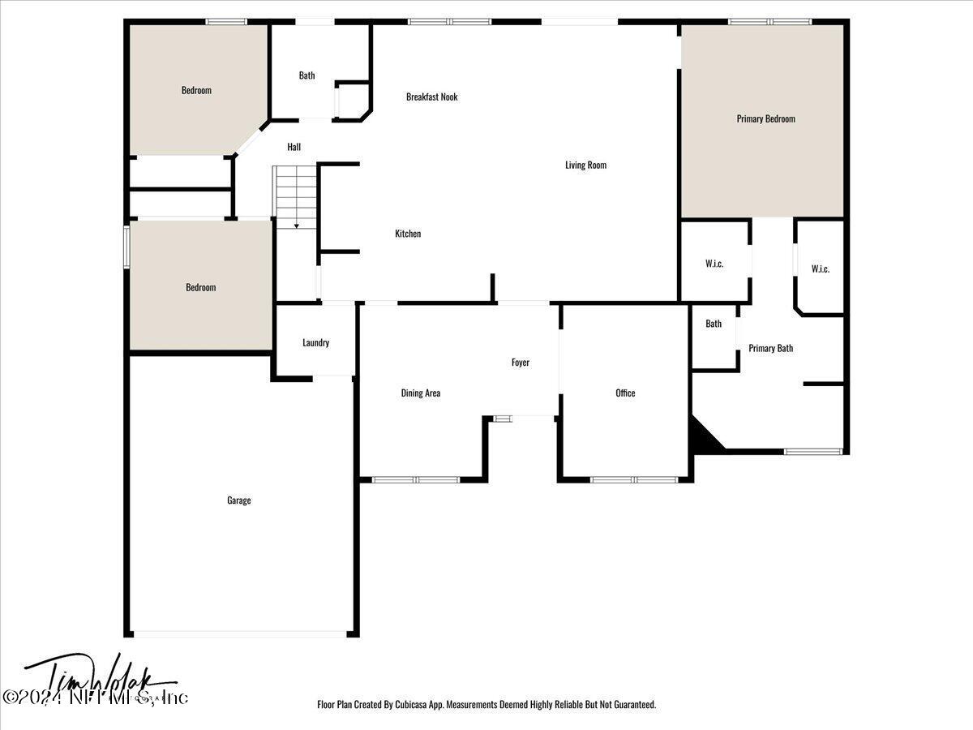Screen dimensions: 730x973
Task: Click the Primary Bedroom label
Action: [765, 118]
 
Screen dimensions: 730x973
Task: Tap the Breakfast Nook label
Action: [431, 97]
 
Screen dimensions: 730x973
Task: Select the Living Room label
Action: [585, 165]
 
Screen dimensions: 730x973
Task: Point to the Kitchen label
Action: [408, 234]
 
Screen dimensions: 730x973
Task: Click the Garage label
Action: [238, 500]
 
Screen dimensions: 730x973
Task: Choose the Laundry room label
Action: [315, 342]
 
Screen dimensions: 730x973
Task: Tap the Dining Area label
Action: [421, 393]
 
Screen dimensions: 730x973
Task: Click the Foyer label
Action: [520, 363]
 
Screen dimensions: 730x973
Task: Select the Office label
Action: [625, 393]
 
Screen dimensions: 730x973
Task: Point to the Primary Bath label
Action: [770, 349]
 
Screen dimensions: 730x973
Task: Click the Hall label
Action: [294, 147]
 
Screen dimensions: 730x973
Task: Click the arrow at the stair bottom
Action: [297, 225]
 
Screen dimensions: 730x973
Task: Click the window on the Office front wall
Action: [633, 479]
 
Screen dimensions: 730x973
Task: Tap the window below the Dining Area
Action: [415, 479]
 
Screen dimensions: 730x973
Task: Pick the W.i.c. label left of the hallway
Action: [714, 264]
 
